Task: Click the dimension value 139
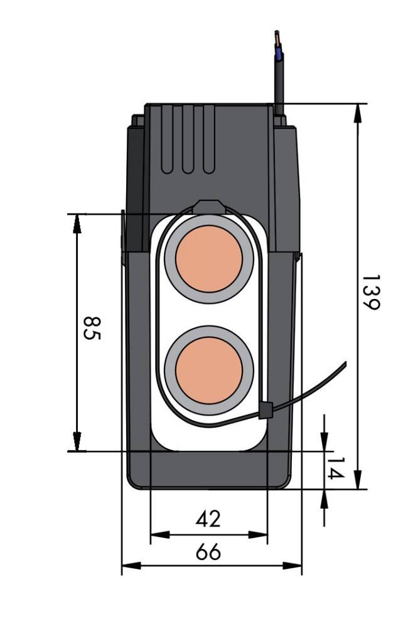click(370, 292)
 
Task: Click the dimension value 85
click(92, 327)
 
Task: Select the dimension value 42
click(208, 519)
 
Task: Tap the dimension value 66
click(208, 552)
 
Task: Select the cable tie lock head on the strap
click(265, 411)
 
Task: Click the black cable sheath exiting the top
click(279, 82)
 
